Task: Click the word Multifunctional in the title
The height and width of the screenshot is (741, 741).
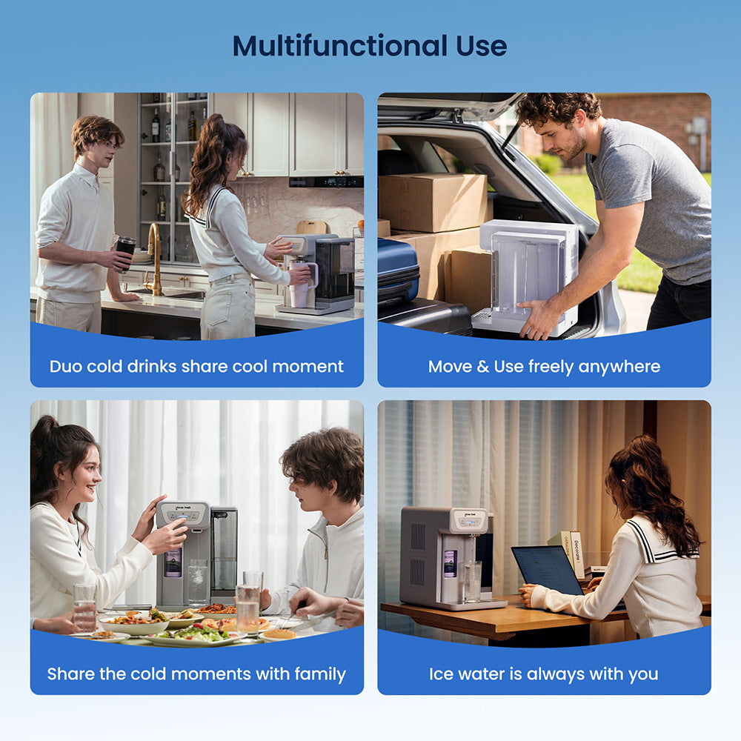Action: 340,46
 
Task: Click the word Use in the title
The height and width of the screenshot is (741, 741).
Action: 481,46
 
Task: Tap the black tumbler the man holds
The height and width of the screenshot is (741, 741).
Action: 125,253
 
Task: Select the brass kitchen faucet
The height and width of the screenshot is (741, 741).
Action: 155,260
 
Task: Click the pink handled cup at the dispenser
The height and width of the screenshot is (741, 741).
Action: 301,285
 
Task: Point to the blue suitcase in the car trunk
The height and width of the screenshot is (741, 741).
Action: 397,272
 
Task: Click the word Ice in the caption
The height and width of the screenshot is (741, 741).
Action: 441,674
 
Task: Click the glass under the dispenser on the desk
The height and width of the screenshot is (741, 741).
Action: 471,582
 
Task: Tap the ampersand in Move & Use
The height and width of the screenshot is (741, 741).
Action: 482,366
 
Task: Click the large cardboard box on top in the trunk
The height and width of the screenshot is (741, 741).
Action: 433,202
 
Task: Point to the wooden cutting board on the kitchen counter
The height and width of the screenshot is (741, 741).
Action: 310,227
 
